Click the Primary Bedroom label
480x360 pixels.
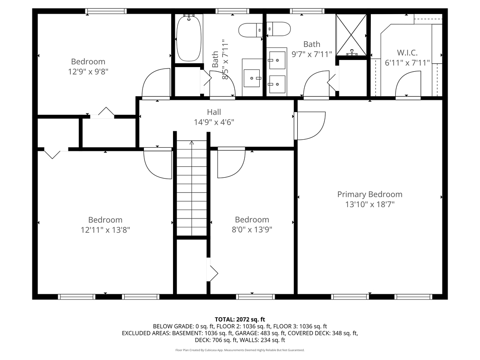point(370,195)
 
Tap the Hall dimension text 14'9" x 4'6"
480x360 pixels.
point(214,122)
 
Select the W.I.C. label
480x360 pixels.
point(407,52)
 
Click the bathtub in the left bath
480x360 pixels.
point(189,38)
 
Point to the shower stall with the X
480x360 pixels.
point(351,35)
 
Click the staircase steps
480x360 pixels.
point(192,188)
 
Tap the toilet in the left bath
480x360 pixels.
point(250,30)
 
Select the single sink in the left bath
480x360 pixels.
point(252,78)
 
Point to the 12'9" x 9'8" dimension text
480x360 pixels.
point(88,72)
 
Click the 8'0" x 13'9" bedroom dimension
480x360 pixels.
point(252,230)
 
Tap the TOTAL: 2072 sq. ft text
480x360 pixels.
point(240,320)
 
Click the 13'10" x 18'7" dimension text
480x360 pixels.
point(370,204)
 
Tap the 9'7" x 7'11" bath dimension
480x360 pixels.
point(312,54)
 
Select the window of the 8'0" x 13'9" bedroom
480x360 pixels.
point(255,297)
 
